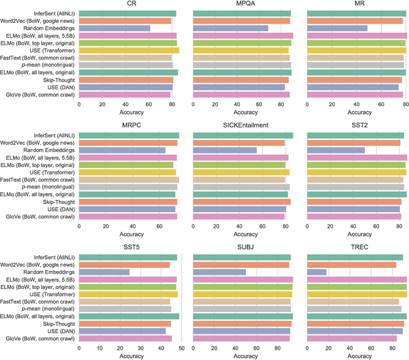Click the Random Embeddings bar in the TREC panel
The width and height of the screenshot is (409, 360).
317,272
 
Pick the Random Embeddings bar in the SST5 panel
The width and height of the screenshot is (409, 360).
104,272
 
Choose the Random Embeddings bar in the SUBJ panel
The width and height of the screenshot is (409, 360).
219,272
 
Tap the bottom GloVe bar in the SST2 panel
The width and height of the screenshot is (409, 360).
354,217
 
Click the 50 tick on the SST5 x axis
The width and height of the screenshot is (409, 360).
181,347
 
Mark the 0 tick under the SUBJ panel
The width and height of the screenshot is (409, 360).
194,347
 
